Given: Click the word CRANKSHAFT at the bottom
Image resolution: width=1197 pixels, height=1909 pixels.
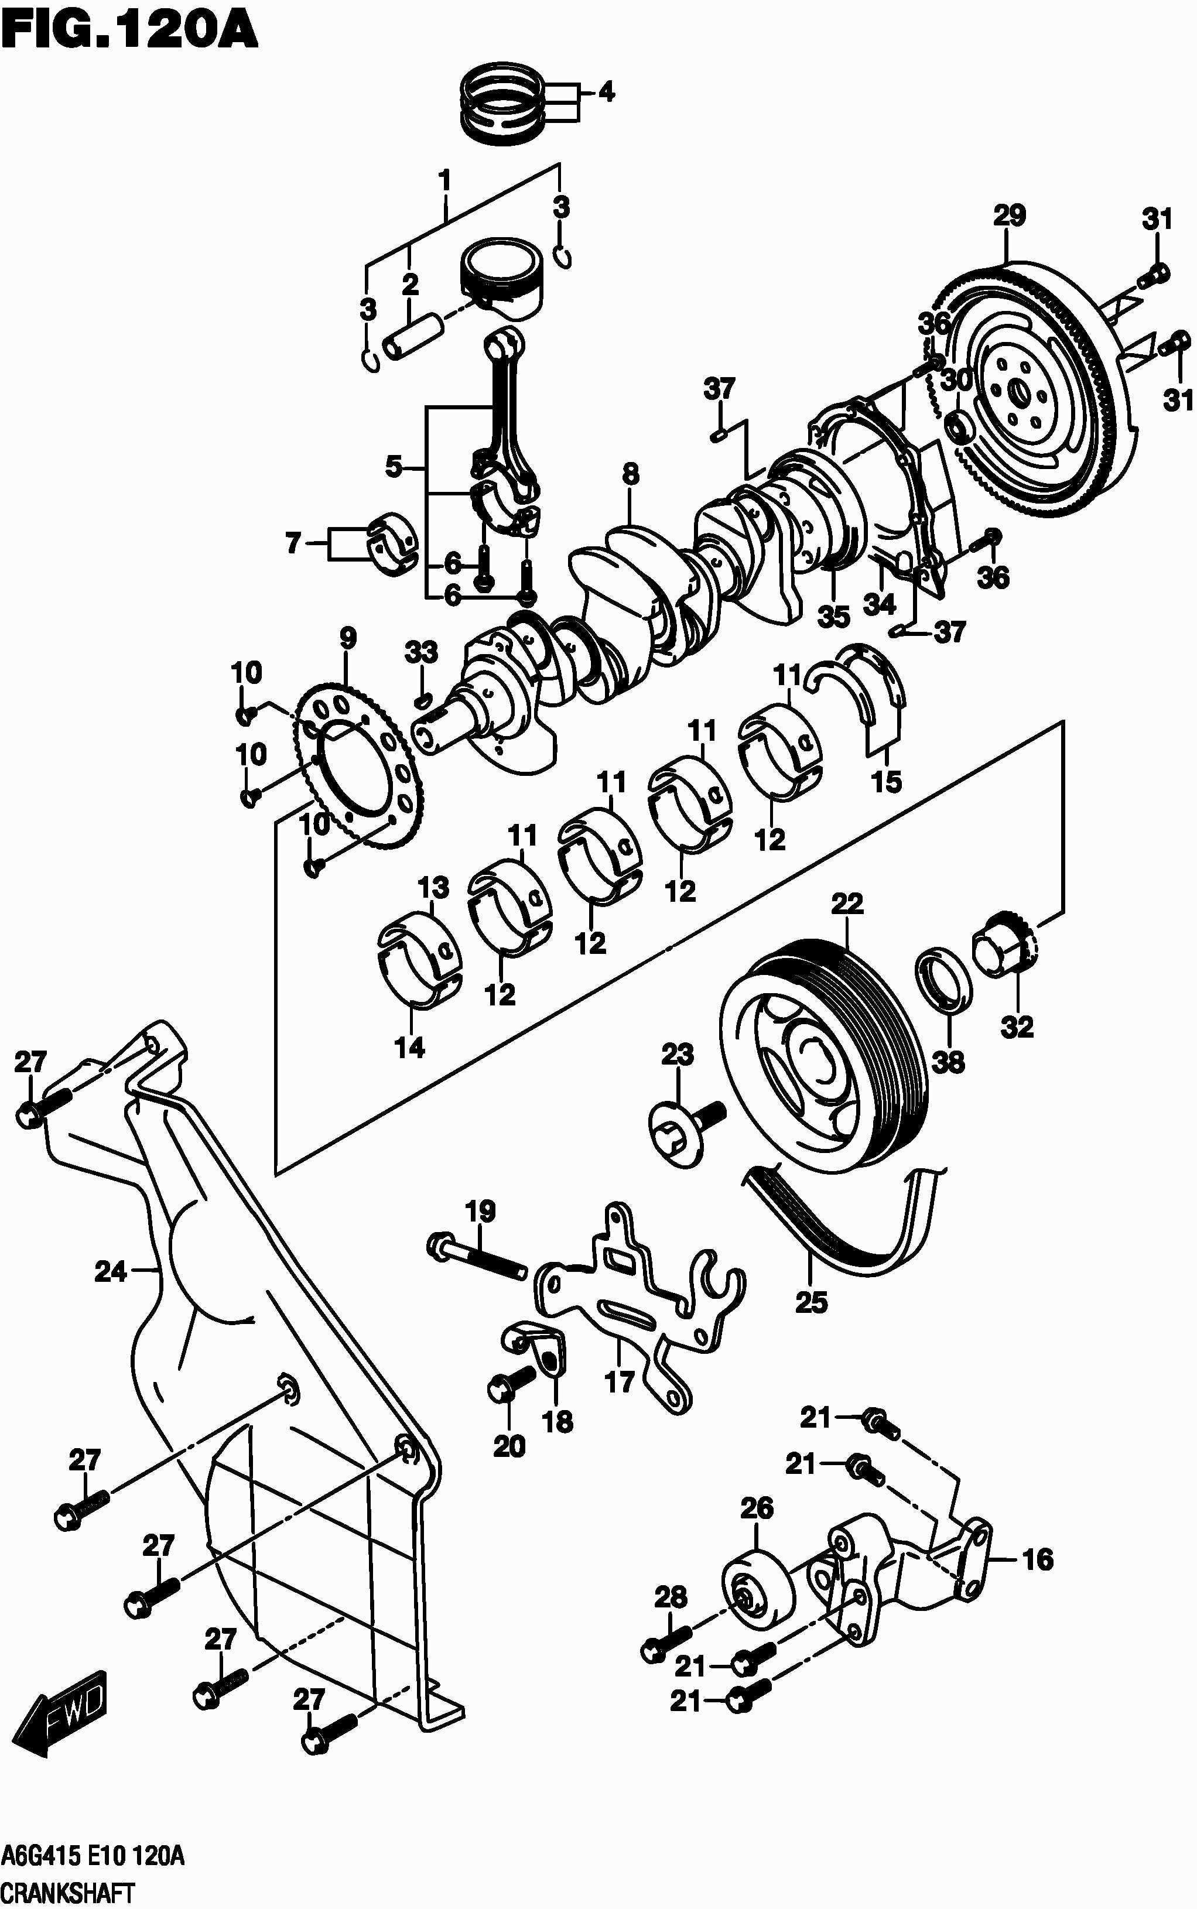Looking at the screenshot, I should click(67, 1889).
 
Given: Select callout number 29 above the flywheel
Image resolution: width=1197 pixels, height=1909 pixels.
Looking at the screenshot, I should click(1010, 215).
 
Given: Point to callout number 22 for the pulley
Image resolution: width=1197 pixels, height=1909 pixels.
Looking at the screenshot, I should click(846, 903).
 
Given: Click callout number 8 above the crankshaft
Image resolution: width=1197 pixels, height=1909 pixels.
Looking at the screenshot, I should click(630, 475).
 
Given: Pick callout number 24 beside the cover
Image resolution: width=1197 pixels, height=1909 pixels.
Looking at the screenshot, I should click(110, 1272).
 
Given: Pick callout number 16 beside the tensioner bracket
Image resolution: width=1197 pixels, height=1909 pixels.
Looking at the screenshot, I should click(1038, 1560).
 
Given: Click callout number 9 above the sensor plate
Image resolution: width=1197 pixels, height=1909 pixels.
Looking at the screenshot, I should click(347, 639).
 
